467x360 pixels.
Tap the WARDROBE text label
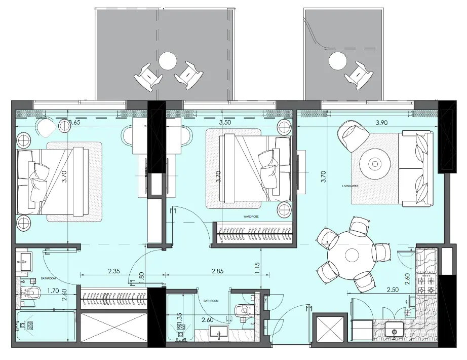click(x=251, y=217)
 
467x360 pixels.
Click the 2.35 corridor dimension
click(x=114, y=271)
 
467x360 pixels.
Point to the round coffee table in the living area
click(x=375, y=163)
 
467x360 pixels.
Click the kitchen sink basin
click(x=395, y=331)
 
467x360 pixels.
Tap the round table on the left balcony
click(x=167, y=60)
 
